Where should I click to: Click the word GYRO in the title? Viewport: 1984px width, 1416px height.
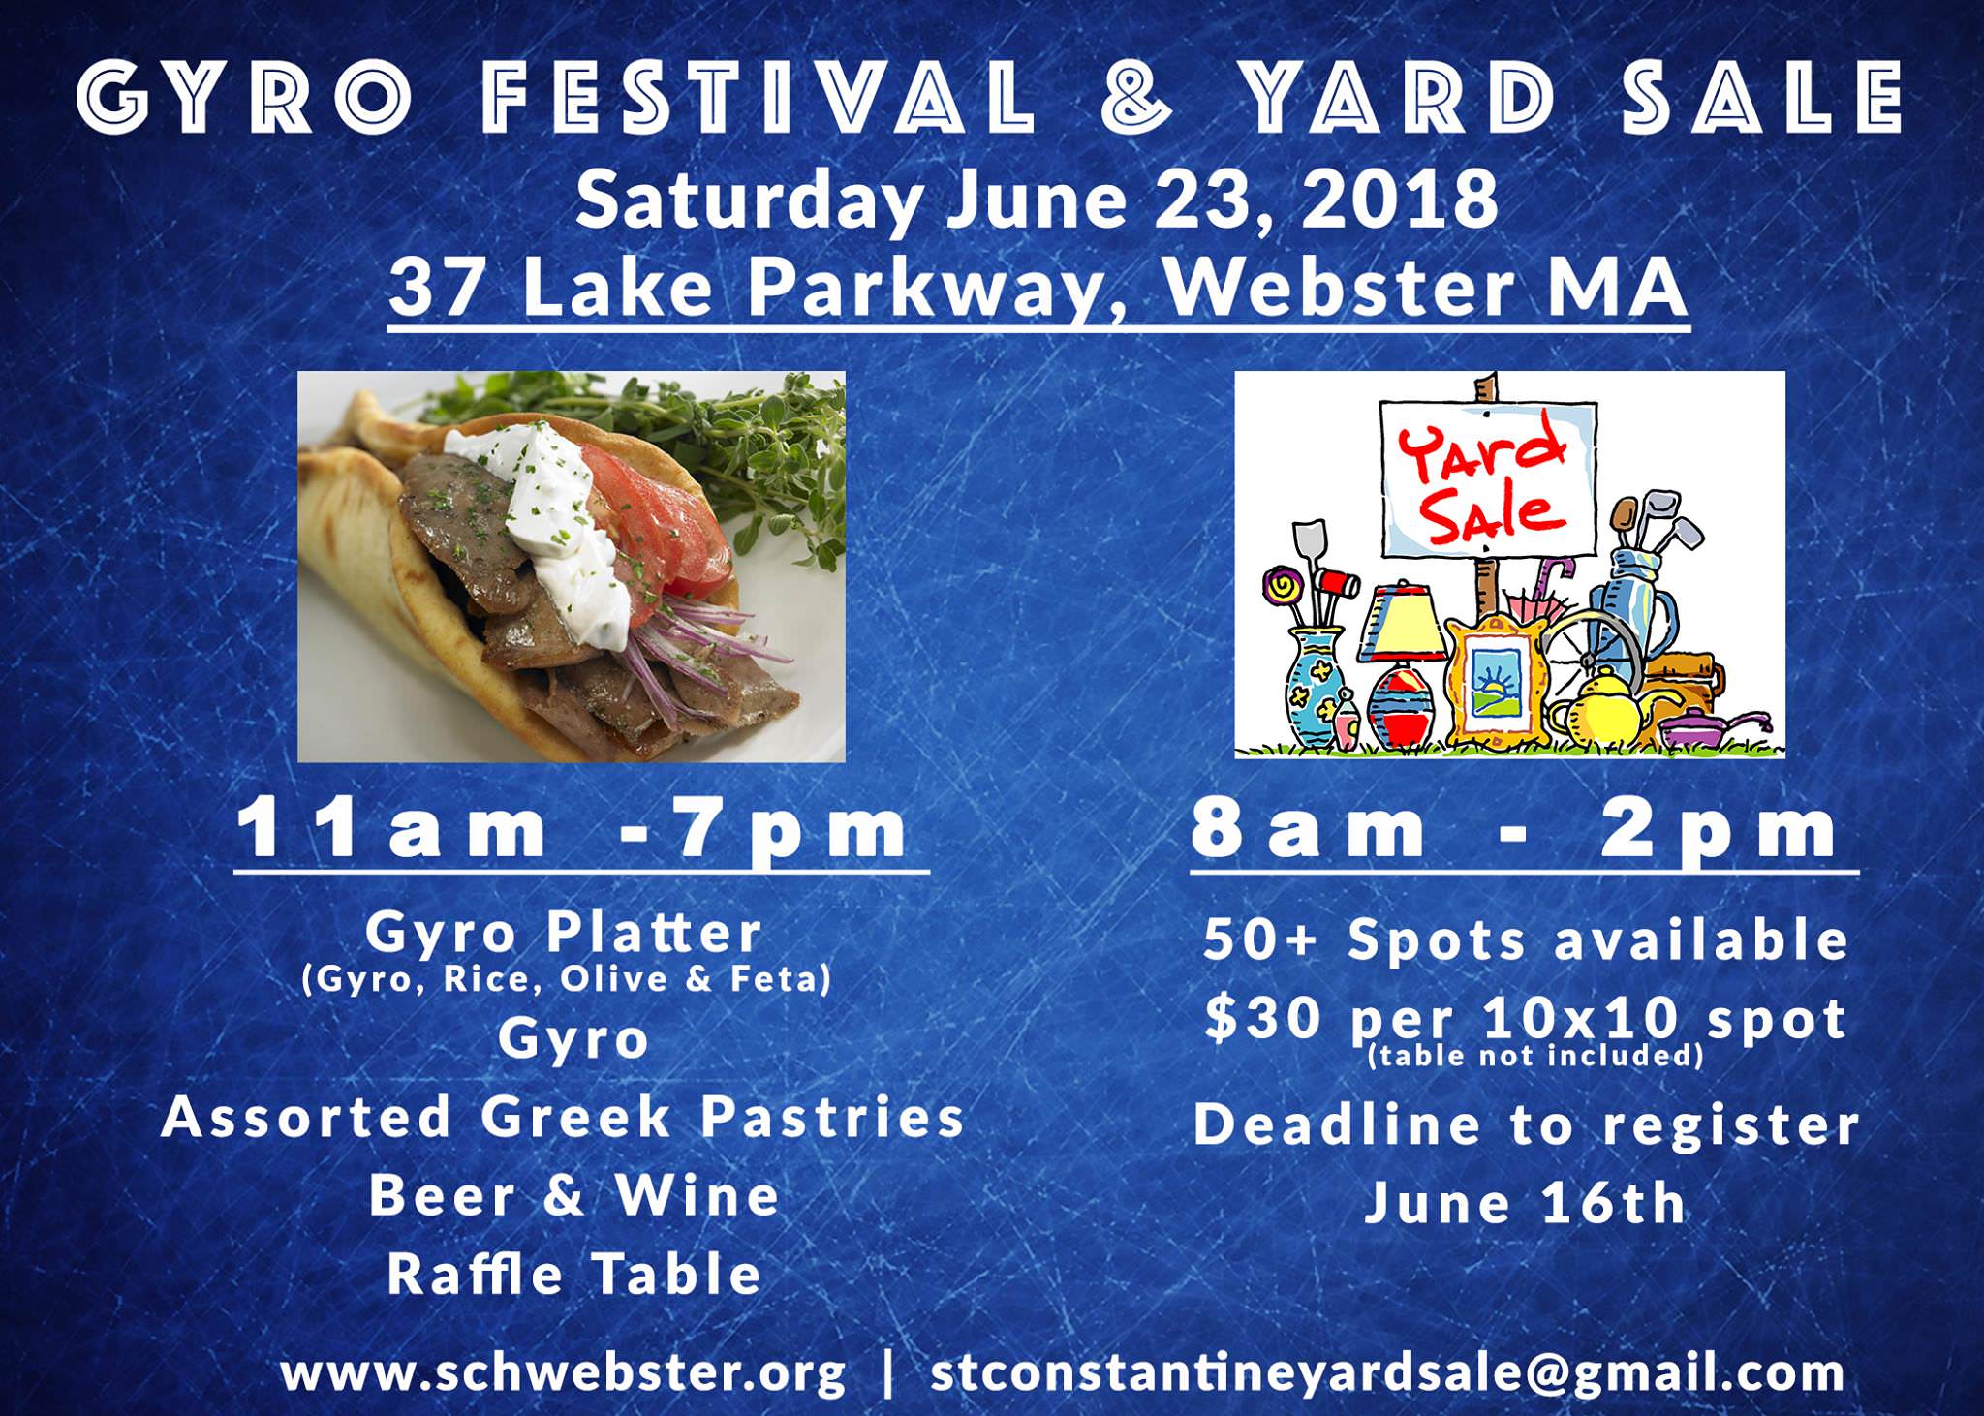[233, 99]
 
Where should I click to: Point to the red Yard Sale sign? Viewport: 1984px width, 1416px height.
[1486, 481]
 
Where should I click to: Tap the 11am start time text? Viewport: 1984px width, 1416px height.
[393, 830]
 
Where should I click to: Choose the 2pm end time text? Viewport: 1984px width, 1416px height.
[1719, 830]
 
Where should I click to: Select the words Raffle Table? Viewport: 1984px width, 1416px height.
[574, 1273]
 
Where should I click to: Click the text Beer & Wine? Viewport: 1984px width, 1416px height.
[574, 1194]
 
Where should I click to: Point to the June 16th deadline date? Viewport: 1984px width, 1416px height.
[1526, 1202]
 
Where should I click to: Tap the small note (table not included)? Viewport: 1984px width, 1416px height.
[1534, 1055]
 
